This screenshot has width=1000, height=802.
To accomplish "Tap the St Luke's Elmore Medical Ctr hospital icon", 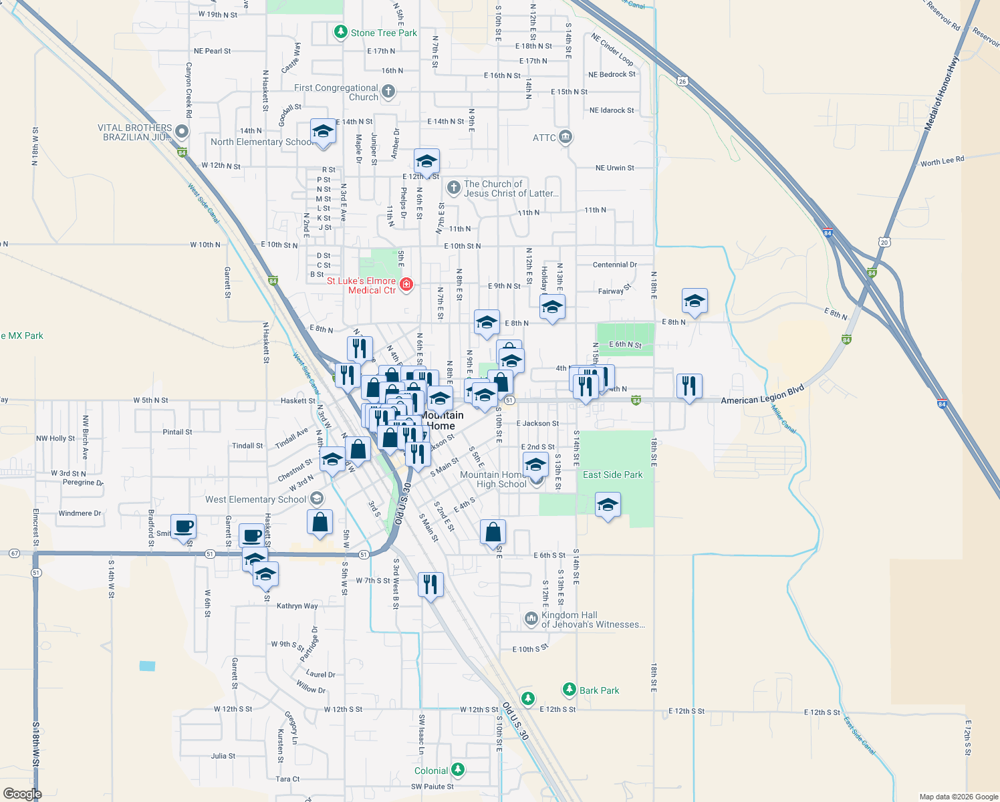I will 406,285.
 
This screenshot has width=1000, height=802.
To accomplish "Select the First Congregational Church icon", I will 388,92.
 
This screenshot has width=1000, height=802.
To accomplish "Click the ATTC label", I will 544,138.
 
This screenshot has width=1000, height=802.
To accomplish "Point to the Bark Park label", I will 599,690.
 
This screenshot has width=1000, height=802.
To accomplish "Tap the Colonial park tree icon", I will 458,770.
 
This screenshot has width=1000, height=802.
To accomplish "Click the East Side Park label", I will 612,475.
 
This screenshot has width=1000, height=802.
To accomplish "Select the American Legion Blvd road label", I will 762,396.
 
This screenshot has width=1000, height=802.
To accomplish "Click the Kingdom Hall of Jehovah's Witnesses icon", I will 531,619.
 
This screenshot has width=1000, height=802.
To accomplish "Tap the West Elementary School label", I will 255,499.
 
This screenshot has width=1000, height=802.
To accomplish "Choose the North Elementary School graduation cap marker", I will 323,131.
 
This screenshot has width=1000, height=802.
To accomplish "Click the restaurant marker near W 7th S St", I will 430,585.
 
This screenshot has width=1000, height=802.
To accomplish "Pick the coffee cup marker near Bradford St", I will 183,527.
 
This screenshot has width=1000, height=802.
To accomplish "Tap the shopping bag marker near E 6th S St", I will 493,533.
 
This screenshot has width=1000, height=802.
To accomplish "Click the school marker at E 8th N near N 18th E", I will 695,301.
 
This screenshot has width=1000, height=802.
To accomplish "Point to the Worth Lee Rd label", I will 942,162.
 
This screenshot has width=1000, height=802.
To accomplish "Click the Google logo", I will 22,794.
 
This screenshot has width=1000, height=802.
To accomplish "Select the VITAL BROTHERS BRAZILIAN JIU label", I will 135,132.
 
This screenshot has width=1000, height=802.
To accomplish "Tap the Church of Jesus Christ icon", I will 454,187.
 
